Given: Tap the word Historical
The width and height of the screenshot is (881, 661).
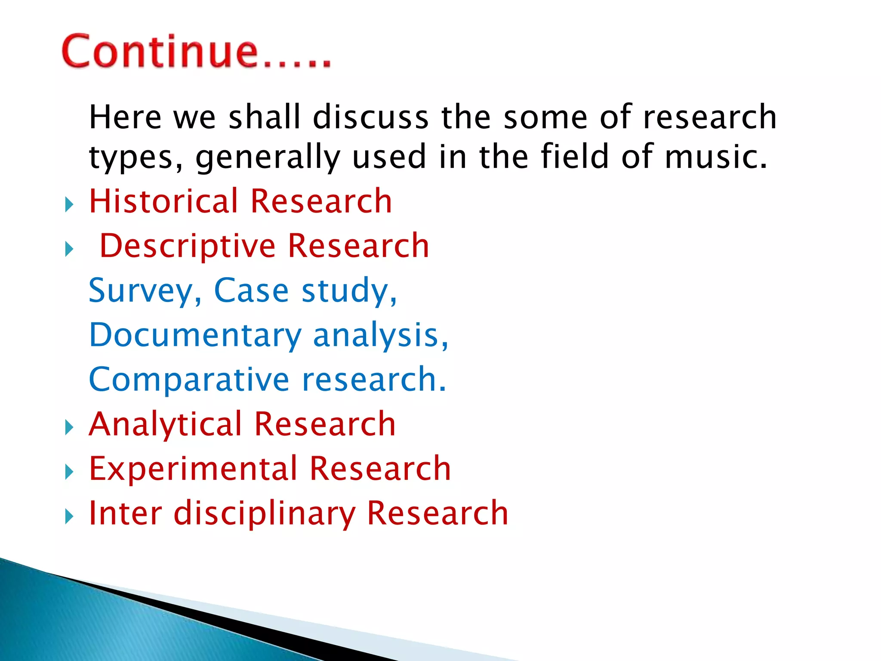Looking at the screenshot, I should (163, 201).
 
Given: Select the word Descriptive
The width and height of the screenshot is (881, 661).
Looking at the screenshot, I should (187, 246).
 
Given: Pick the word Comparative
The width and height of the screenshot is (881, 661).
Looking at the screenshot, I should (189, 380).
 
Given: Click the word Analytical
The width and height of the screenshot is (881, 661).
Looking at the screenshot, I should (165, 424).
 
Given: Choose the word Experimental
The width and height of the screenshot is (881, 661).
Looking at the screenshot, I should (193, 469).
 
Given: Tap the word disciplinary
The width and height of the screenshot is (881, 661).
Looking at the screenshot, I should (264, 513).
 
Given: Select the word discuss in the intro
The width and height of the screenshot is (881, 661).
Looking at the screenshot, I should (370, 117).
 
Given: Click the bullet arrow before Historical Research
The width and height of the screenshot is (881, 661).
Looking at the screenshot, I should (69, 204).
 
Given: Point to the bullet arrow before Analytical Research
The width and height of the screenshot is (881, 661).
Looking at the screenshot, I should (69, 427).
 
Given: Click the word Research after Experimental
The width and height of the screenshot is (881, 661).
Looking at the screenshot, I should (380, 469).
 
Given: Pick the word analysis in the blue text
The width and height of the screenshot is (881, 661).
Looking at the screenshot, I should (380, 335).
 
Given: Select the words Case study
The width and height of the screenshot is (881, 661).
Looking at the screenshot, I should (305, 291).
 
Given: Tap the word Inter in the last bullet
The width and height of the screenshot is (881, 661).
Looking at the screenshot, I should (125, 513).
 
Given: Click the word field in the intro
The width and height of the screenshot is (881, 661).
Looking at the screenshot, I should (574, 157).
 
